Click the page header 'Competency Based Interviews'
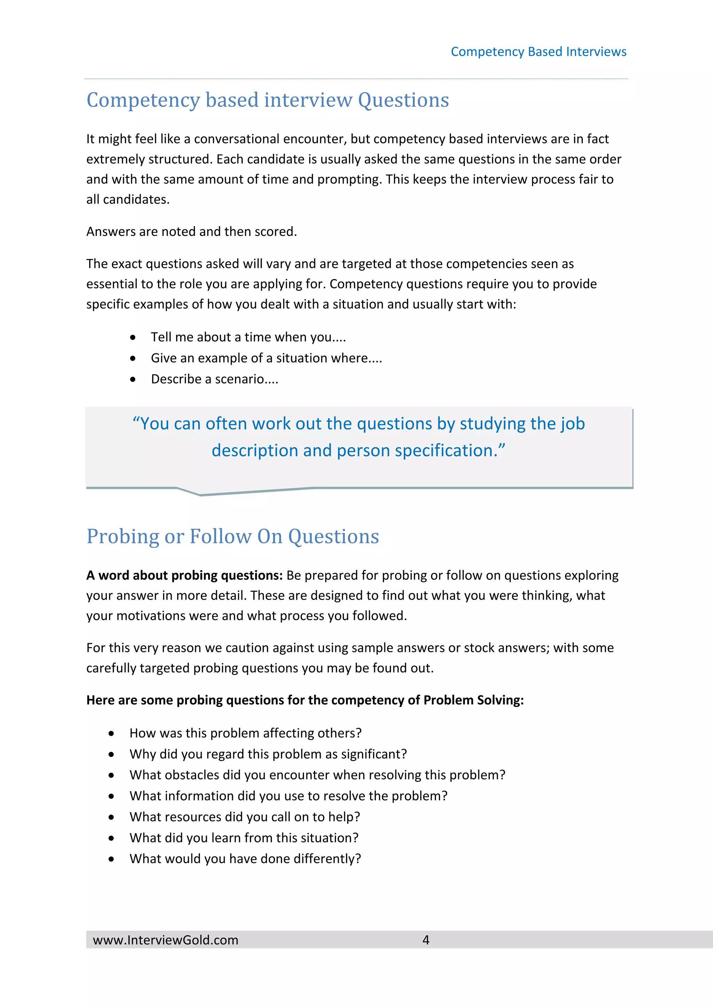(538, 52)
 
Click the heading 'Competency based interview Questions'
(267, 100)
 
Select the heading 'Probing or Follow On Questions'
(233, 536)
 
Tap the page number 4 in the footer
(425, 939)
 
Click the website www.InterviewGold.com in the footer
(165, 940)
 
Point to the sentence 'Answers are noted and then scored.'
(191, 231)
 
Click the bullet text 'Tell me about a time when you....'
(248, 337)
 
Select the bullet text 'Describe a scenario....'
(214, 379)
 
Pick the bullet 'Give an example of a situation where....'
(266, 358)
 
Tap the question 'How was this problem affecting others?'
(245, 733)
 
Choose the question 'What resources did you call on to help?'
(244, 817)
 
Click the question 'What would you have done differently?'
(245, 859)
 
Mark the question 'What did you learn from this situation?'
(244, 838)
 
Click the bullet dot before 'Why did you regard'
(111, 755)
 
